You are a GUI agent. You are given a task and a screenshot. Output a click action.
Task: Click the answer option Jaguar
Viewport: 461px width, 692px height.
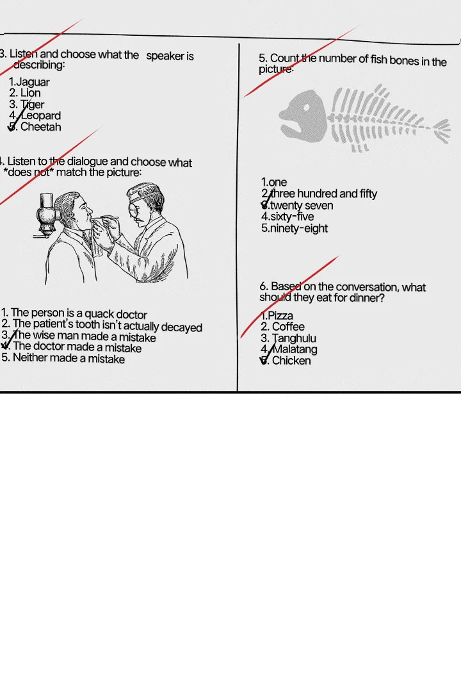click(29, 82)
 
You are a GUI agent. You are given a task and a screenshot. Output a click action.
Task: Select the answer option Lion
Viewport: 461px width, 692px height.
click(25, 93)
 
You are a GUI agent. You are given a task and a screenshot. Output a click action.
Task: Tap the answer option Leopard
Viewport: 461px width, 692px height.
click(35, 115)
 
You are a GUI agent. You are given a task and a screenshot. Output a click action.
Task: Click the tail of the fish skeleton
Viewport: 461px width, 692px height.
click(441, 129)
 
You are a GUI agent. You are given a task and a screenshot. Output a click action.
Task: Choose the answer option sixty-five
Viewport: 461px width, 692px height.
click(287, 217)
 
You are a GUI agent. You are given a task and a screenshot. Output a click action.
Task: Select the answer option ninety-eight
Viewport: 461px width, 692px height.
click(295, 229)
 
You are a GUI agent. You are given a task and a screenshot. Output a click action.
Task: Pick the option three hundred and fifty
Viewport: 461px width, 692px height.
click(319, 194)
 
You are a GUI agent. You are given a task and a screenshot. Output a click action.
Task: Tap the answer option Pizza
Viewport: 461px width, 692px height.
click(277, 316)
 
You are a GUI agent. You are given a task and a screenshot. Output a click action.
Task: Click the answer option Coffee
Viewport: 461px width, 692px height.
click(282, 327)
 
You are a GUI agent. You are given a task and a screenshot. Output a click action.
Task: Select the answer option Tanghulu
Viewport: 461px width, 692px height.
click(288, 338)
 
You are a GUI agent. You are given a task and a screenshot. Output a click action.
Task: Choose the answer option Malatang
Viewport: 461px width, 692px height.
click(289, 350)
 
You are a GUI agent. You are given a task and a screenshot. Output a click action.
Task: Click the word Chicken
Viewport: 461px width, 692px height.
click(291, 361)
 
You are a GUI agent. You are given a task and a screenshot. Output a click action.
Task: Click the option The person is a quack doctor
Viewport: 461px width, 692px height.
click(74, 314)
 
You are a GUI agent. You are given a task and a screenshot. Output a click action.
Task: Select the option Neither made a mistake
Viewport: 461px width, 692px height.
click(63, 358)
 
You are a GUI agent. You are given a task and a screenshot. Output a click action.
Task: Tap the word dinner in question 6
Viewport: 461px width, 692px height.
click(368, 298)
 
